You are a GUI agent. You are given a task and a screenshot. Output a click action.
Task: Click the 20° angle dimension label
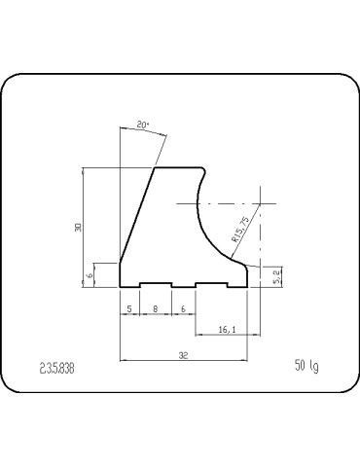tap(142, 126)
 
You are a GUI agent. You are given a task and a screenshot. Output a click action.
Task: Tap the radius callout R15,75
tap(241, 229)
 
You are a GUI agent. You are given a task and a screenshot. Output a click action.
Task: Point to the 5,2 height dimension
tap(277, 276)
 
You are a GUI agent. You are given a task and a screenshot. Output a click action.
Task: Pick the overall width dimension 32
tap(183, 356)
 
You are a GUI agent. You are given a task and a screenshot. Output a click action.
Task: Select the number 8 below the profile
tap(156, 309)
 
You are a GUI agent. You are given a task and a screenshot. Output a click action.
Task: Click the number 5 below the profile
tap(128, 309)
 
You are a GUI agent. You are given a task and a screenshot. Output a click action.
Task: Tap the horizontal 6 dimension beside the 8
tap(184, 309)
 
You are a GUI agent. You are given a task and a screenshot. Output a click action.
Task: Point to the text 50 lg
tap(306, 366)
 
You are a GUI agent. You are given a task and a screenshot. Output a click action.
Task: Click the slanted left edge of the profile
tap(136, 214)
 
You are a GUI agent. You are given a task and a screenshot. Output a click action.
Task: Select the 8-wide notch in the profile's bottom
tap(156, 283)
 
